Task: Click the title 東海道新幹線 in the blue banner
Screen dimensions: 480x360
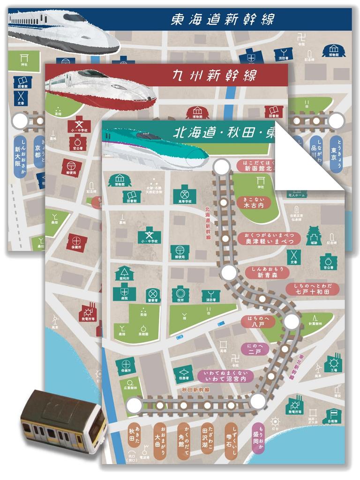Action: coord(222,20)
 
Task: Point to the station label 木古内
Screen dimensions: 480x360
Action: coord(254,202)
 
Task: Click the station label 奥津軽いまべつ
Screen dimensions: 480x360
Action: coord(269,238)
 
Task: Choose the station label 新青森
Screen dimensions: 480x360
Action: coord(267,273)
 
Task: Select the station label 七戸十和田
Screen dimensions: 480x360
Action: coord(312,289)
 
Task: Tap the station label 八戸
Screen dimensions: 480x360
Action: coord(257,321)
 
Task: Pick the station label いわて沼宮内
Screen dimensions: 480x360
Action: coord(225,376)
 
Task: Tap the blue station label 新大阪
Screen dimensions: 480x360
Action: coord(20,157)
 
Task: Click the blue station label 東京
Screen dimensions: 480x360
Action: coord(336,150)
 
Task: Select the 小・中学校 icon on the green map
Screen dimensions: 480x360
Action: coord(149,235)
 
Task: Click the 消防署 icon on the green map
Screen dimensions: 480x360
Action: coord(210,296)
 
